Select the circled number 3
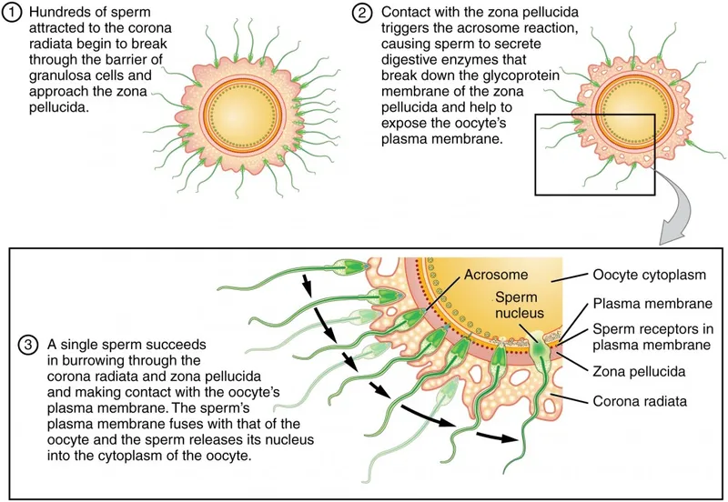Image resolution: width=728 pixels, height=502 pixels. [28, 346]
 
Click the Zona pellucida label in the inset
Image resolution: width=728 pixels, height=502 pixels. [638, 371]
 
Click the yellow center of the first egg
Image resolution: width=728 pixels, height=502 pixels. [228, 115]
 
